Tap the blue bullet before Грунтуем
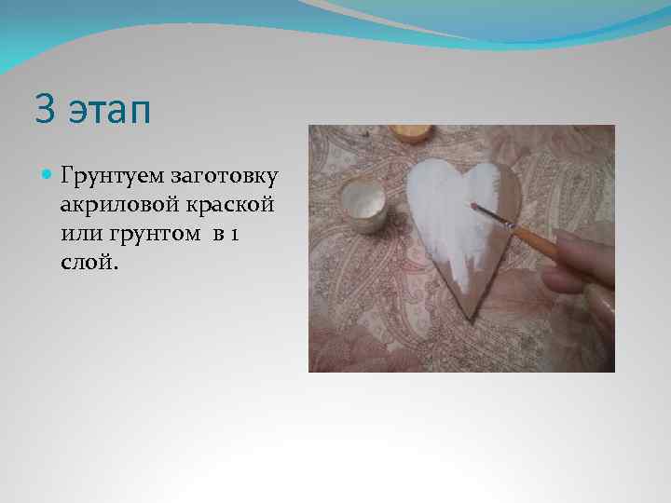point(47,174)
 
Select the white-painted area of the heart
point(447,200)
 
